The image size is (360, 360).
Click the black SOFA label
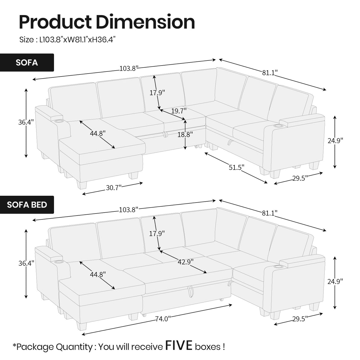click(x=27, y=63)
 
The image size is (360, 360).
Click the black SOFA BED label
click(x=27, y=205)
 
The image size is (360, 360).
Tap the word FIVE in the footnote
click(x=179, y=346)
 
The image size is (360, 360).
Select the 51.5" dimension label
click(x=236, y=168)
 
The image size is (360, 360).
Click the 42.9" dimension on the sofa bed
click(x=186, y=262)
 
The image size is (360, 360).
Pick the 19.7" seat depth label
click(x=179, y=111)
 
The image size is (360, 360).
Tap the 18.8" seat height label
click(x=185, y=134)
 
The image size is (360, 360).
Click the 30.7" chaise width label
click(x=114, y=188)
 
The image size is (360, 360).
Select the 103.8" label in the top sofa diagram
click(x=129, y=69)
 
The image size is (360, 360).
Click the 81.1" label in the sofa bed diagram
click(x=270, y=213)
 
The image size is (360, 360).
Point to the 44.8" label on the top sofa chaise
click(x=98, y=133)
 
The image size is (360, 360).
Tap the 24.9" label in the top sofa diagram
click(x=335, y=141)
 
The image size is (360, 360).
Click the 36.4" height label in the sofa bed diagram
click(x=26, y=263)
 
